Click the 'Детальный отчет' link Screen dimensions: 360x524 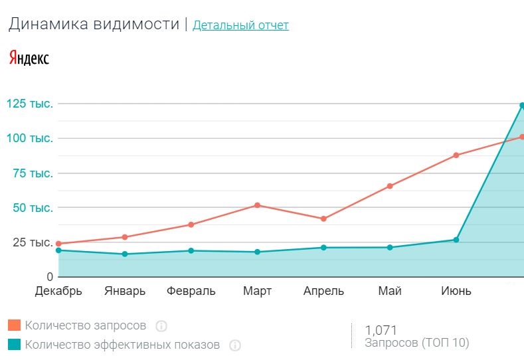tap(240, 25)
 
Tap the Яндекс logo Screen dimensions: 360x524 tap(29, 58)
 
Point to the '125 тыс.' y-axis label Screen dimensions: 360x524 tap(30, 104)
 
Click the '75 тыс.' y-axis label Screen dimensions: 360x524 tap(30, 173)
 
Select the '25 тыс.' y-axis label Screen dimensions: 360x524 tap(30, 242)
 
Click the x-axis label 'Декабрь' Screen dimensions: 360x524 tap(58, 291)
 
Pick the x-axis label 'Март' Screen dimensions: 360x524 tap(257, 291)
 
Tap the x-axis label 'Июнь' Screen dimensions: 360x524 tap(456, 291)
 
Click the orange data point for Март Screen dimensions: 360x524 tap(257, 205)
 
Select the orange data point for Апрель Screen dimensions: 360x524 tap(323, 219)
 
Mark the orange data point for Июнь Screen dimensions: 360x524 tap(456, 155)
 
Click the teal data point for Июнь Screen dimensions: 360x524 tap(456, 240)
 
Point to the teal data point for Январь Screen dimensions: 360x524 tap(125, 254)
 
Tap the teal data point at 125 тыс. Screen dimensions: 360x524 tap(522, 106)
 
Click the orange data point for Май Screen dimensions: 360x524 tap(390, 186)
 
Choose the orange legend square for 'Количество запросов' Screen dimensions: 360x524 tap(14, 325)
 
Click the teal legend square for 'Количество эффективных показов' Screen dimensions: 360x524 tap(14, 344)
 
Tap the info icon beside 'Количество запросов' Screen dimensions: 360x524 tap(161, 326)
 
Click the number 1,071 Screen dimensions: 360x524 tap(381, 329)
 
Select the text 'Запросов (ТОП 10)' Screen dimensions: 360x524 tap(417, 343)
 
